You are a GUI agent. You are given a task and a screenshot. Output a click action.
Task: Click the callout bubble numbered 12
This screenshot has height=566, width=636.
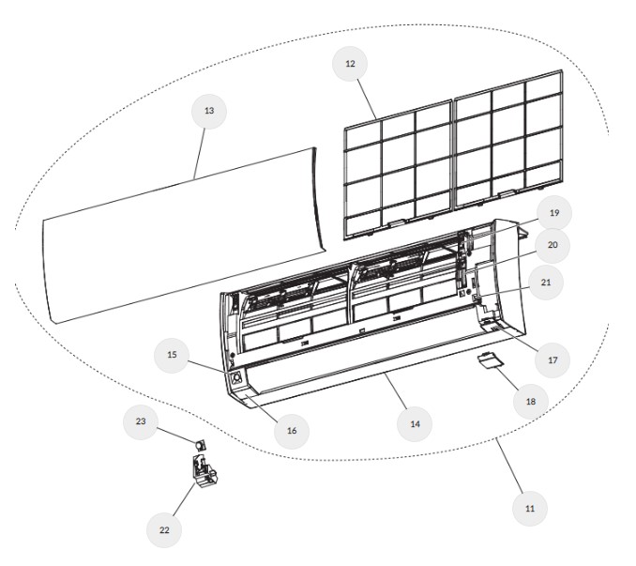pyautogui.click(x=350, y=64)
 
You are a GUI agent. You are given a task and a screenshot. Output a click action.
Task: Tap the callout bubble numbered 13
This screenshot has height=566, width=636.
pyautogui.click(x=209, y=111)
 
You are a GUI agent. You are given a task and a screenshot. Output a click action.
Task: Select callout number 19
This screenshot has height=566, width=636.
pyautogui.click(x=554, y=213)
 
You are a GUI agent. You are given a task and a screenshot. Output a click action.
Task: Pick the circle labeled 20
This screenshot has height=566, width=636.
pyautogui.click(x=553, y=245)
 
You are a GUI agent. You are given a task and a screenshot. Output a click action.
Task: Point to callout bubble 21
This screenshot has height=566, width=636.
pyautogui.click(x=546, y=283)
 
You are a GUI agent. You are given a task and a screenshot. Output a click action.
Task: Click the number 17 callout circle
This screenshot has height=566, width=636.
pyautogui.click(x=553, y=360)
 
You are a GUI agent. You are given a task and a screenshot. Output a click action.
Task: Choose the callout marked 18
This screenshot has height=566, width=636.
pyautogui.click(x=531, y=402)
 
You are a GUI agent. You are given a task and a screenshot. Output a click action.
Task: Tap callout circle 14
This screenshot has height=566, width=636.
pyautogui.click(x=415, y=424)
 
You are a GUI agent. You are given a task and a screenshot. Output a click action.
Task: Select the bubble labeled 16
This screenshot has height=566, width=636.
pyautogui.click(x=292, y=431)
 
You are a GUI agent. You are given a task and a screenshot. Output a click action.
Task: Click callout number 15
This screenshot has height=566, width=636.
pyautogui.click(x=172, y=355)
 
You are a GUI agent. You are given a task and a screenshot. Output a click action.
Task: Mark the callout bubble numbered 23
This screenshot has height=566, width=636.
pyautogui.click(x=141, y=421)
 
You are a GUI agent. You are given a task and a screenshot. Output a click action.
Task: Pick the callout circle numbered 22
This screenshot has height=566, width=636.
pyautogui.click(x=164, y=530)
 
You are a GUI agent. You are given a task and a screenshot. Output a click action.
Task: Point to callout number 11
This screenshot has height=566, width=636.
pyautogui.click(x=530, y=509)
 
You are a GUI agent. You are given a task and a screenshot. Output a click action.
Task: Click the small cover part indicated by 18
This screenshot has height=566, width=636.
pyautogui.click(x=489, y=360)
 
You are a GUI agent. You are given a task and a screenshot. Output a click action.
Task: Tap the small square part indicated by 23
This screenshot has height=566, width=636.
pyautogui.click(x=200, y=445)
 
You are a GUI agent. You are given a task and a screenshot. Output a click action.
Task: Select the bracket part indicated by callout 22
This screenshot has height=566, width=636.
pyautogui.click(x=204, y=472)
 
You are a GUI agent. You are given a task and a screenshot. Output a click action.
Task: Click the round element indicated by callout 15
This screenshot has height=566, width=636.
pyautogui.click(x=236, y=379)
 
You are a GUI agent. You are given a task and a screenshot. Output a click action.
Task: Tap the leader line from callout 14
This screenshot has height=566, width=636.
pyautogui.click(x=396, y=391)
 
